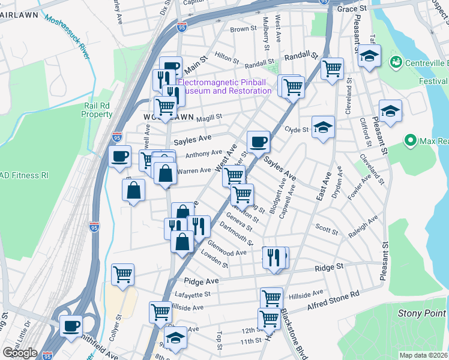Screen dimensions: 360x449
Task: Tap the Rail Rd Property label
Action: (x=97, y=110)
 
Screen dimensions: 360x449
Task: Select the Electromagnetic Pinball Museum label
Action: (x=226, y=86)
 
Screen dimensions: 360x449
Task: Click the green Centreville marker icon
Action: (x=396, y=61)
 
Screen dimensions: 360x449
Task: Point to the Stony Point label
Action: (x=423, y=313)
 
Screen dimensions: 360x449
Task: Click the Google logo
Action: (x=20, y=353)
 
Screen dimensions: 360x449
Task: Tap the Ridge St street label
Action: (x=331, y=266)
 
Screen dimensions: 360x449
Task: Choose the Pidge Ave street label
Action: (x=200, y=280)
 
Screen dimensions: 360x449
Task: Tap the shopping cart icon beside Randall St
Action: (x=331, y=68)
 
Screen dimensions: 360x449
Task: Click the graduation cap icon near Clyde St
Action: (x=323, y=127)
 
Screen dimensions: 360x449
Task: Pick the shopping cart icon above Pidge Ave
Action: (x=122, y=274)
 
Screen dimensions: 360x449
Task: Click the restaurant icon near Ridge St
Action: (x=274, y=257)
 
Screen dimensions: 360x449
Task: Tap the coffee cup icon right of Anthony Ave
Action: (x=259, y=142)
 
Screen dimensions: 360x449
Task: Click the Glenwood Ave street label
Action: (x=228, y=249)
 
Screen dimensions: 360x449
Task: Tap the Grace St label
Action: (x=352, y=10)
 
